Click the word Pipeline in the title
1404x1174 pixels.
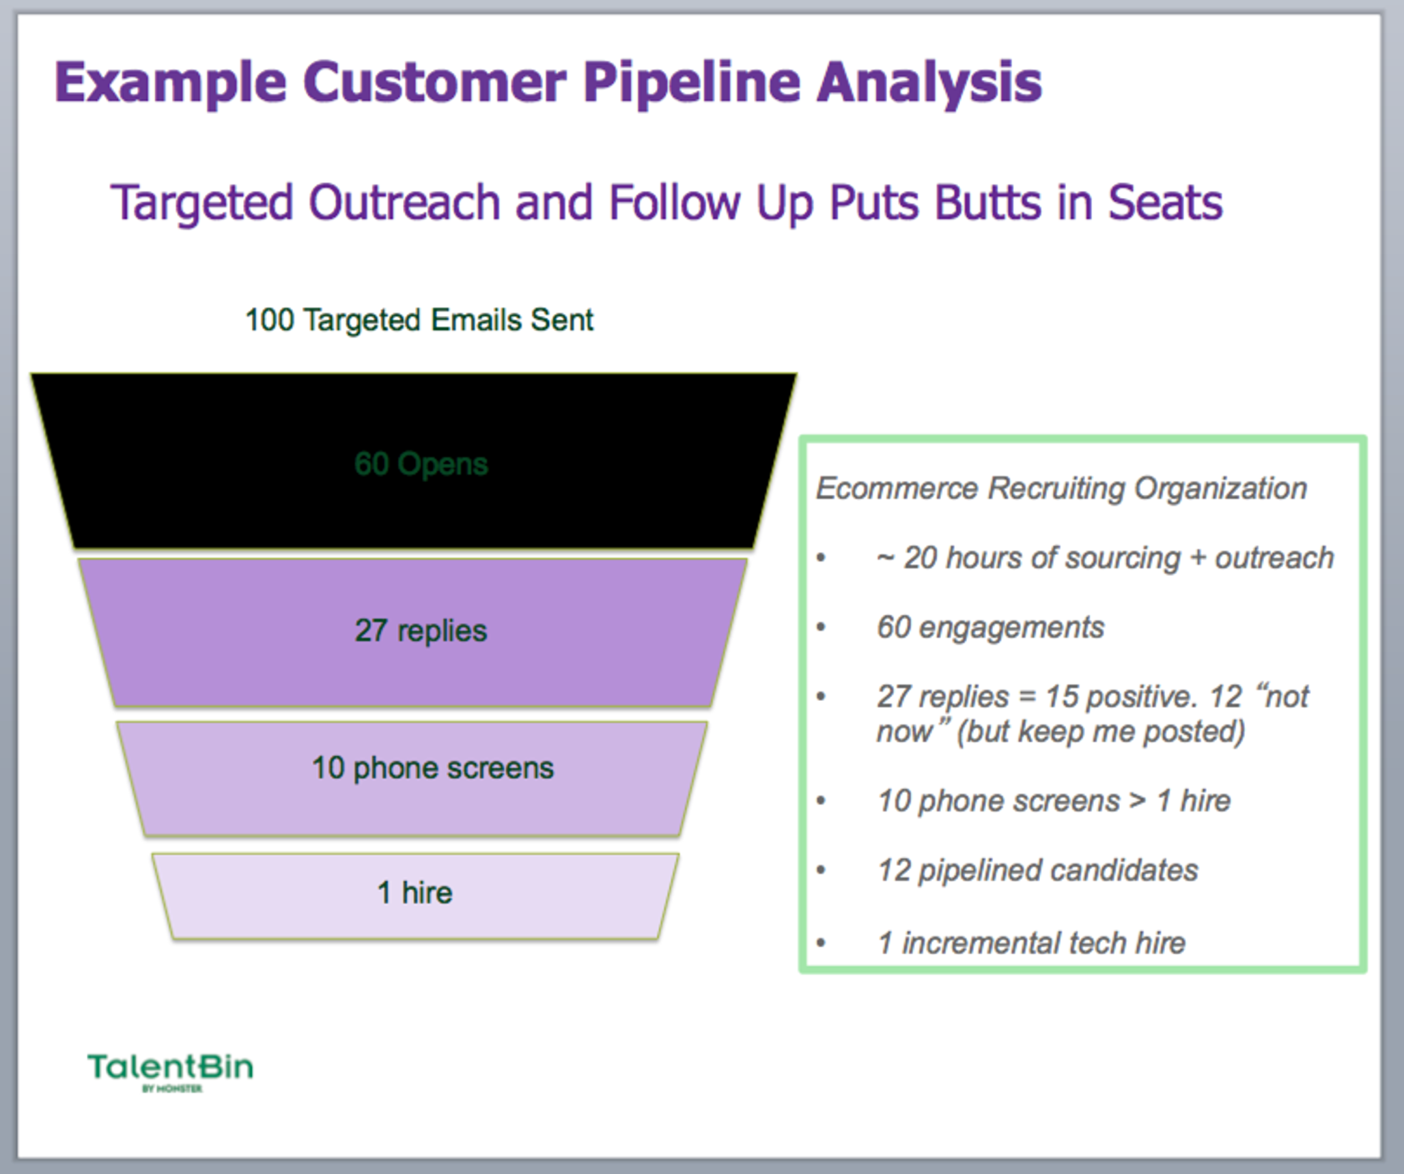[x=691, y=83]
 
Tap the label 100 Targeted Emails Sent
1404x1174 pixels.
[x=419, y=320]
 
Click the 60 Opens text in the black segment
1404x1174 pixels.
[x=421, y=464]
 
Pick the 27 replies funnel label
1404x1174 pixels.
[x=421, y=630]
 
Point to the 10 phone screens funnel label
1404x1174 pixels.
[x=433, y=768]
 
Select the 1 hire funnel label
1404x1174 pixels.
[x=415, y=893]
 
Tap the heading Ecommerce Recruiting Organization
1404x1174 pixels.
[x=1061, y=489]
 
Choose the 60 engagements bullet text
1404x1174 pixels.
[x=990, y=627]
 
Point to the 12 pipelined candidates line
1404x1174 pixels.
[x=1037, y=870]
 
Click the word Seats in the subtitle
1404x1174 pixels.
[x=1165, y=203]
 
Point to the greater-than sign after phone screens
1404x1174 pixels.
[x=1137, y=801]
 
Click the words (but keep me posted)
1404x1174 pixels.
[x=1101, y=732]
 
